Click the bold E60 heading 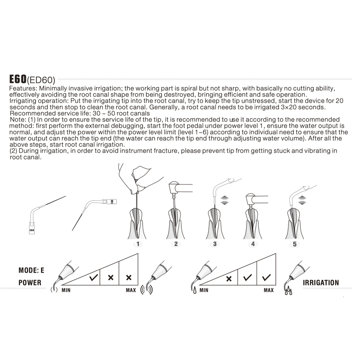tap(18, 79)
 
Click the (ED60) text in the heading tap(41, 80)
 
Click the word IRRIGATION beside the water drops tap(321, 283)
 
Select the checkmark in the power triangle tap(94, 278)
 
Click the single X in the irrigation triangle tap(229, 279)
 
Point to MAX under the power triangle tap(131, 290)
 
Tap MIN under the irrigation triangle tap(204, 290)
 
